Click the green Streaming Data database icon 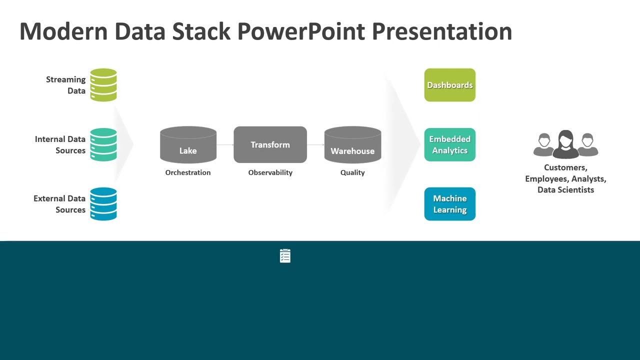click(x=103, y=85)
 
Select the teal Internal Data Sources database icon click(x=103, y=144)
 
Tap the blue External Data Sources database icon click(x=103, y=204)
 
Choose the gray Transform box click(x=270, y=144)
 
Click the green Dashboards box click(x=449, y=85)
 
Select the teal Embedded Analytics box click(x=449, y=144)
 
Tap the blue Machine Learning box click(x=449, y=204)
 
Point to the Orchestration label click(x=188, y=172)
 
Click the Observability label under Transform click(x=270, y=172)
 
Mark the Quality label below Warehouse click(x=352, y=172)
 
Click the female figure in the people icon click(x=565, y=144)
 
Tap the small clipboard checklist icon click(x=285, y=256)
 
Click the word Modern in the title click(x=63, y=31)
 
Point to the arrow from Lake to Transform click(x=225, y=145)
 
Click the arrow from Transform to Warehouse click(x=315, y=145)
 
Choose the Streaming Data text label click(x=66, y=85)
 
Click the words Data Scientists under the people click(x=565, y=190)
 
